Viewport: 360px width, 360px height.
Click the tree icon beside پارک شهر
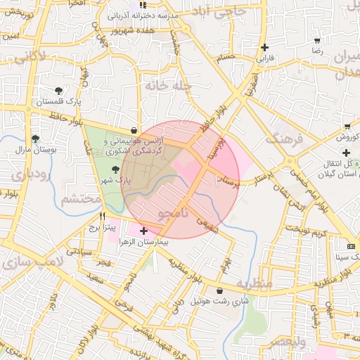pos(115,169)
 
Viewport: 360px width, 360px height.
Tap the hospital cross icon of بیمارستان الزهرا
pos(144,231)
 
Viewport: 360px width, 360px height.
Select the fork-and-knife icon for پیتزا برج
pos(103,217)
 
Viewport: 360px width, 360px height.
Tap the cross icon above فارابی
pos(264,48)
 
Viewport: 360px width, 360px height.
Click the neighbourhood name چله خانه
pos(169,85)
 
